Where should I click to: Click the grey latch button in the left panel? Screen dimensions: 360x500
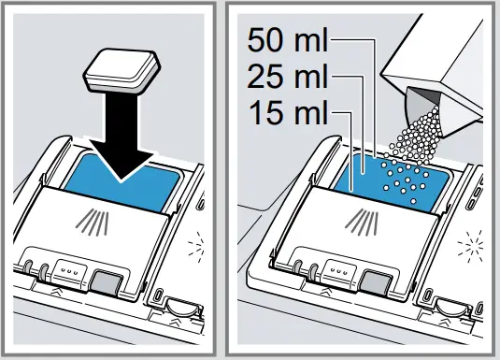click(x=105, y=281)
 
